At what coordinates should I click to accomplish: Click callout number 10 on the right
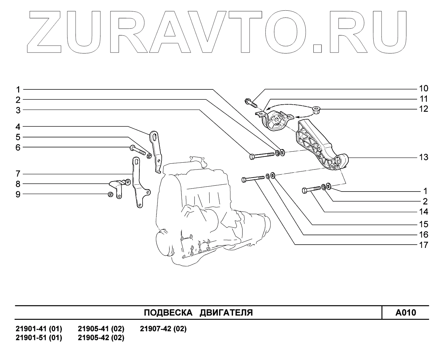423,88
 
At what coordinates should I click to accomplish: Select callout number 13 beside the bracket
423,157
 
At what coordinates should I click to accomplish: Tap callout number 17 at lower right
423,245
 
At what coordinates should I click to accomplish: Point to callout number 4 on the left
18,126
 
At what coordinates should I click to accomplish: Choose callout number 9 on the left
18,194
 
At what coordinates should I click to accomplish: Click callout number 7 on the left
18,173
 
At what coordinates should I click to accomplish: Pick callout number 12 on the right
423,109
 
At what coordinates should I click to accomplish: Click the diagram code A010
405,313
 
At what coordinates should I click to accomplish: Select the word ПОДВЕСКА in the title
165,313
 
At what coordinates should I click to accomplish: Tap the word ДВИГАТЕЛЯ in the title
226,313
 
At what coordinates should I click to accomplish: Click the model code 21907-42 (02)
163,329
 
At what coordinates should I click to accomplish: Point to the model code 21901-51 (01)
39,338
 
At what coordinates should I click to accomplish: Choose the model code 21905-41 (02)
101,329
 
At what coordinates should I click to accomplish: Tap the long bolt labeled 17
253,179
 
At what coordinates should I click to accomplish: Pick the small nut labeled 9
110,194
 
